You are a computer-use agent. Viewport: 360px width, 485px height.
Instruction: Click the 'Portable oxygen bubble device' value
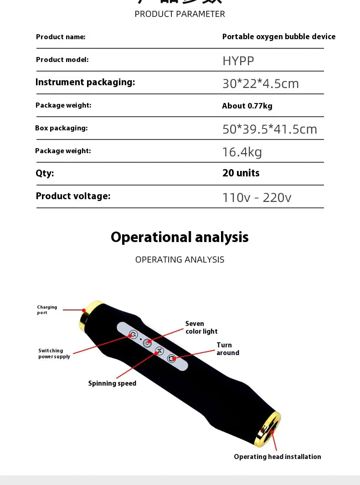[278, 36]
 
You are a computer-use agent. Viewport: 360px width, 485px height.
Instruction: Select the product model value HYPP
[238, 61]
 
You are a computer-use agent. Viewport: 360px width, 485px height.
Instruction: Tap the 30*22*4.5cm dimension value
[260, 83]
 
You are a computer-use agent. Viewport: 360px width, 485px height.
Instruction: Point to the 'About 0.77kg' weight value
[247, 106]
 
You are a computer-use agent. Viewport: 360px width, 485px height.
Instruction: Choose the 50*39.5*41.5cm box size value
[269, 129]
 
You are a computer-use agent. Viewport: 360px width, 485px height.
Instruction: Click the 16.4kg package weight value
[242, 152]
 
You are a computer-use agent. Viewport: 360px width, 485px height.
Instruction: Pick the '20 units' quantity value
[241, 173]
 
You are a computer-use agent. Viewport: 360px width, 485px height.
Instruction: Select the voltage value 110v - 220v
[257, 197]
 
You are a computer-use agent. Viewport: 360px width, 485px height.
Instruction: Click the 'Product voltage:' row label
[73, 196]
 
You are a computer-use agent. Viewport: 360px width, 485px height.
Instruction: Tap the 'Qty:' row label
[45, 173]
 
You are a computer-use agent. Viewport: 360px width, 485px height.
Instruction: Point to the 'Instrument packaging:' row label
[85, 82]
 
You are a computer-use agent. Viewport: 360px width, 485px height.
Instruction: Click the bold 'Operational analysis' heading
[180, 237]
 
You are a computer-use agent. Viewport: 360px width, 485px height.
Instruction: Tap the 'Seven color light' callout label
[201, 327]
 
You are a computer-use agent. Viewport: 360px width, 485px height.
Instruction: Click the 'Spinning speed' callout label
[112, 383]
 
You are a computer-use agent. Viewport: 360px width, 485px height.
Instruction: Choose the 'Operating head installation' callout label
[277, 457]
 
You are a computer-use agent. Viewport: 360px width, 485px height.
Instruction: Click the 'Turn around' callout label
[227, 349]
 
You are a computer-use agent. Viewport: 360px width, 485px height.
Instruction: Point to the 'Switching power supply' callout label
[54, 354]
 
